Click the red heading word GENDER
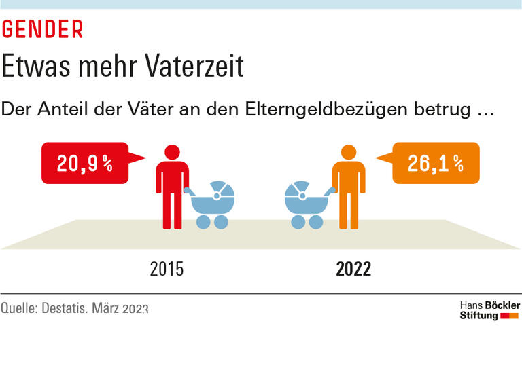coord(42,29)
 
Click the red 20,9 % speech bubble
coord(85,163)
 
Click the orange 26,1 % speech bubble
coord(436,163)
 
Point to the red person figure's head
coord(172,152)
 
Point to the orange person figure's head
coord(349,152)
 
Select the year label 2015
coord(167,270)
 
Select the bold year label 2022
coord(353,270)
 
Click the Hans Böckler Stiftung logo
coord(489,311)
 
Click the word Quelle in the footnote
coord(19,308)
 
